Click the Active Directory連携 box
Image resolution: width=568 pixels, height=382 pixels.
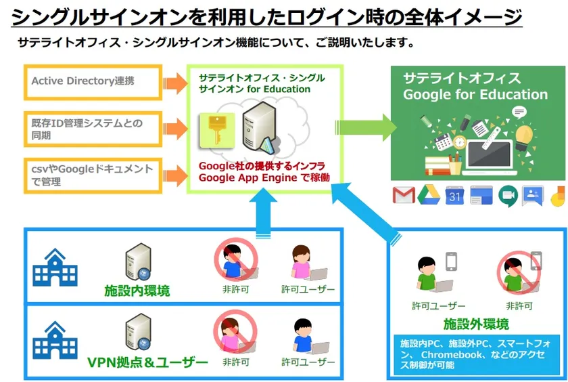tap(93, 81)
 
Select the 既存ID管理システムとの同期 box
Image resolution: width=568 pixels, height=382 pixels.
tap(93, 129)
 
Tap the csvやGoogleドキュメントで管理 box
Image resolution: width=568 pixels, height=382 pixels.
tap(93, 175)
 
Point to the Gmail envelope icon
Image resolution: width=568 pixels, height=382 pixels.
tap(404, 196)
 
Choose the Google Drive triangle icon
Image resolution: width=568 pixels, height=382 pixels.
tap(429, 196)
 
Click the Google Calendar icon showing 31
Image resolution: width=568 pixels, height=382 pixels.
tap(454, 196)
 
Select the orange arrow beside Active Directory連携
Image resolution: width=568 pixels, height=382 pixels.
tap(175, 82)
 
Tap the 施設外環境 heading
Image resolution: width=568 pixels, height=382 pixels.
tap(476, 322)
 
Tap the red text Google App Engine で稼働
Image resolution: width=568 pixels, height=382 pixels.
tap(264, 177)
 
